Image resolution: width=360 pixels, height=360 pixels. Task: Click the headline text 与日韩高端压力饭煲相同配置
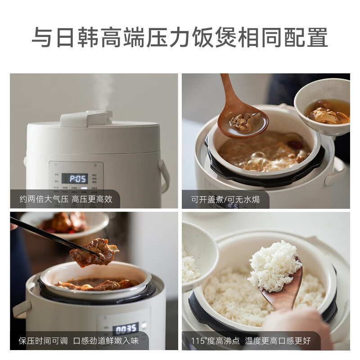180,37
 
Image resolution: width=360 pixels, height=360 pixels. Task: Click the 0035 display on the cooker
126,328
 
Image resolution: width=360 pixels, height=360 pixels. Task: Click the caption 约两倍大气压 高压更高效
66,199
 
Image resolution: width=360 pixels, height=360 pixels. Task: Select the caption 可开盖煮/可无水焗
225,199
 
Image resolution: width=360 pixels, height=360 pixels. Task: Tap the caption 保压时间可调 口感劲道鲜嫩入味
79,341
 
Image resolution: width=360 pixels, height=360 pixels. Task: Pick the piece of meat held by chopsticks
92,252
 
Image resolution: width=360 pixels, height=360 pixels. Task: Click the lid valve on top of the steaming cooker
86,119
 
